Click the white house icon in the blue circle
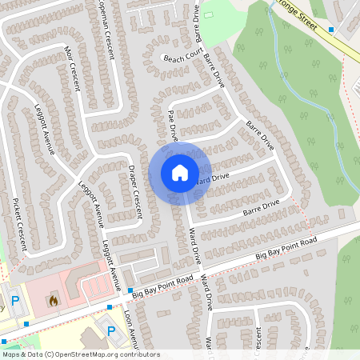[180, 172]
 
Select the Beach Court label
[180, 58]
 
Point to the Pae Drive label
[172, 126]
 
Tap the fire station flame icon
[53, 301]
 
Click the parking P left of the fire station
[14, 299]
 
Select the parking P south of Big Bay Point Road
[110, 330]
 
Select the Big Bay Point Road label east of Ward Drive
[286, 247]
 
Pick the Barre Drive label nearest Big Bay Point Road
[260, 209]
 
